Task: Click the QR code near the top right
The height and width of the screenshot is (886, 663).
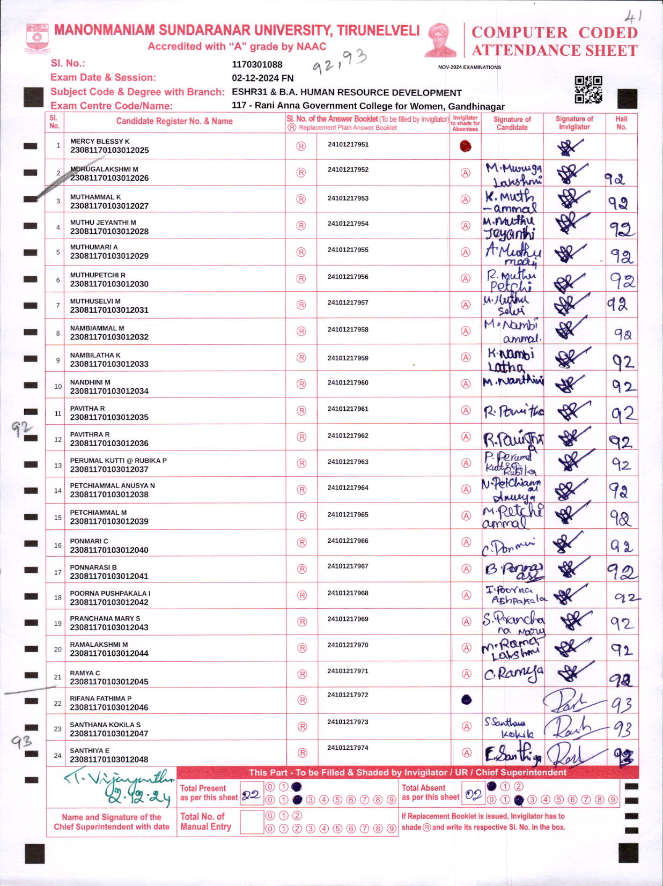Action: (588, 90)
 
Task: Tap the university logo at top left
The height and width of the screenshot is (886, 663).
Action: (37, 38)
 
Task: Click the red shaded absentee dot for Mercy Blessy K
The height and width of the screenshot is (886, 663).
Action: (466, 146)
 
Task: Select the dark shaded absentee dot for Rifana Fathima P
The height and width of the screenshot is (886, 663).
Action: (466, 699)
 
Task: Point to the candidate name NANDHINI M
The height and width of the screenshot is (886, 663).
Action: (90, 382)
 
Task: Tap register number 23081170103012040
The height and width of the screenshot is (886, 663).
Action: (109, 550)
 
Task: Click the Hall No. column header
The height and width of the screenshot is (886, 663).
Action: (621, 123)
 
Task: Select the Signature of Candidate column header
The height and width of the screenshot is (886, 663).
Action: (512, 123)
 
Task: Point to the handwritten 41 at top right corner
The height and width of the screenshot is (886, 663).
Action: (633, 17)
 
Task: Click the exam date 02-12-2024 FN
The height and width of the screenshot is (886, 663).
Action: (263, 78)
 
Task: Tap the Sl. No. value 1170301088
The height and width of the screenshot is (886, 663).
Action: (257, 64)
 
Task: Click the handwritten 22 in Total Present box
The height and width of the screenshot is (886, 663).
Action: (251, 795)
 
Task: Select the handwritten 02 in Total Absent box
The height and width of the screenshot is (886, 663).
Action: (473, 795)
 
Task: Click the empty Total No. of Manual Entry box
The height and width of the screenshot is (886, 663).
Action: (251, 822)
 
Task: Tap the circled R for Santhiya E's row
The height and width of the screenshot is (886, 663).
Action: (302, 753)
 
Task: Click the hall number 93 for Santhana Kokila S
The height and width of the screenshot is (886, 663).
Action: (622, 729)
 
